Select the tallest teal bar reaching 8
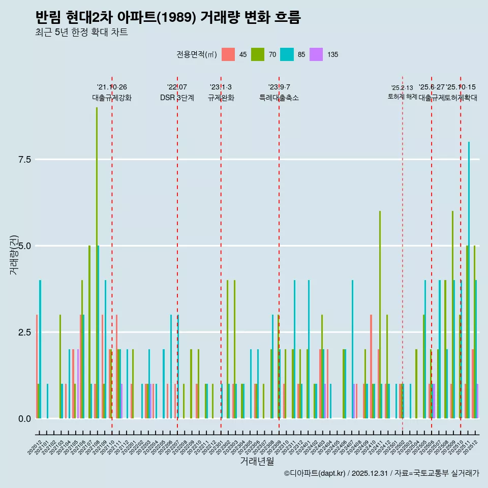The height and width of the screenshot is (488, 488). [469, 280]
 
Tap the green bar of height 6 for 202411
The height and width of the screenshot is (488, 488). [380, 315]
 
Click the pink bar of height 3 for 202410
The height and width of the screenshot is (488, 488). [371, 367]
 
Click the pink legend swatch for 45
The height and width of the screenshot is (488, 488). [228, 54]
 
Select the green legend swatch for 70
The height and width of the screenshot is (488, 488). [258, 54]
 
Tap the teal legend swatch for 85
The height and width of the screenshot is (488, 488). [287, 54]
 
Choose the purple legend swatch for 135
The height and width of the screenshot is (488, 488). [316, 54]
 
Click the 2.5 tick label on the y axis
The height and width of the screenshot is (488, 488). [24, 332]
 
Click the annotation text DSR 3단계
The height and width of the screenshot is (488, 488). [177, 98]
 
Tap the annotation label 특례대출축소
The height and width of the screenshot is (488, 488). [279, 98]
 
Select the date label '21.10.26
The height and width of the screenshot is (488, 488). [112, 87]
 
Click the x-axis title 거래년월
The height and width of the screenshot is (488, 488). [257, 462]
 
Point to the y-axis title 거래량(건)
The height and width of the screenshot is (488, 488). [14, 255]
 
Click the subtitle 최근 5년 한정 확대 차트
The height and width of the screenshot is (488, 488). [81, 33]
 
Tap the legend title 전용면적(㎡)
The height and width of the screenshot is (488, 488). [197, 54]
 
